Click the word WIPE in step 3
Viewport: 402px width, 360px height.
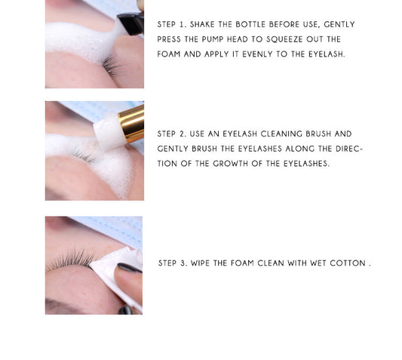pyautogui.click(x=200, y=263)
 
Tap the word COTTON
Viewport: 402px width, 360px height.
pyautogui.click(x=348, y=263)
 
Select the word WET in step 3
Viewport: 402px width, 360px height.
pyautogui.click(x=318, y=263)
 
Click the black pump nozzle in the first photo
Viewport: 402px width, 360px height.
pyautogui.click(x=131, y=23)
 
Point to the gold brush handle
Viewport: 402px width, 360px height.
pyautogui.click(x=131, y=123)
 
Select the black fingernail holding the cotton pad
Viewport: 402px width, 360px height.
pyautogui.click(x=129, y=268)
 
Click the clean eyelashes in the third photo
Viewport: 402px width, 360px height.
pyautogui.click(x=71, y=259)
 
